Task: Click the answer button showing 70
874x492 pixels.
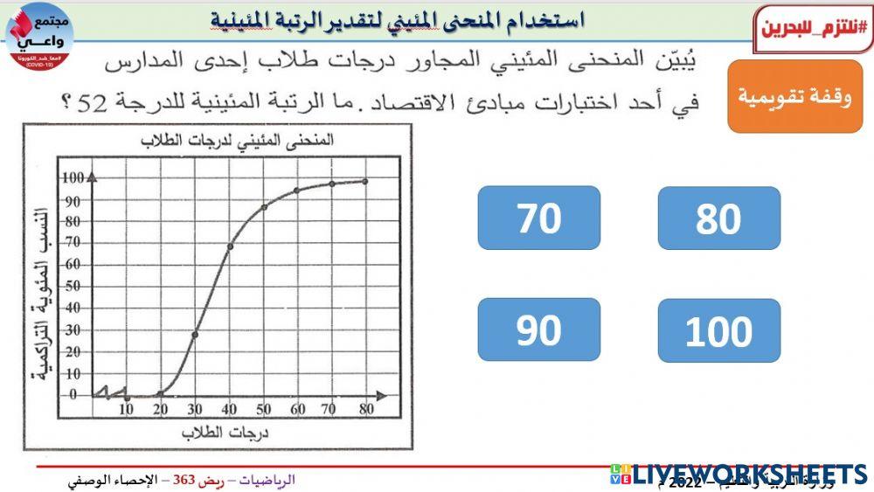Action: coord(538,218)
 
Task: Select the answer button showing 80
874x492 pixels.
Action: coord(718,218)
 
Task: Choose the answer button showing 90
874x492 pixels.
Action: coord(538,329)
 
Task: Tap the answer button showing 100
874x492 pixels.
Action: coord(718,331)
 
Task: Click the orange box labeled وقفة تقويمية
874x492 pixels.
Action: coord(794,96)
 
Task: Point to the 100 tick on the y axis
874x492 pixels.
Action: coord(71,178)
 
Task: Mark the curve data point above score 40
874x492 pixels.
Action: coord(229,246)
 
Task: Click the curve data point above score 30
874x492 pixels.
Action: coord(194,334)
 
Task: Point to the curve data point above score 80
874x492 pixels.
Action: coord(364,182)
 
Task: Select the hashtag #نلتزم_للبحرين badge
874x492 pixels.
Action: coord(813,25)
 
